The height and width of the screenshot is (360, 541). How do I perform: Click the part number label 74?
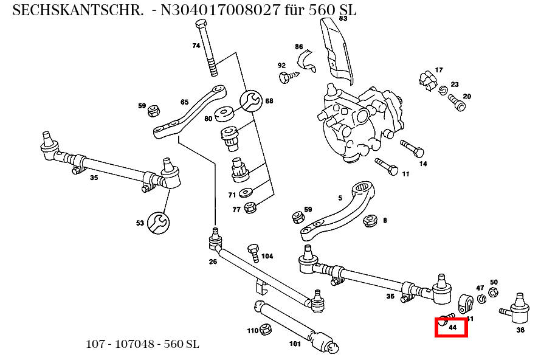(196, 46)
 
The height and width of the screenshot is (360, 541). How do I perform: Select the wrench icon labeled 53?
(159, 223)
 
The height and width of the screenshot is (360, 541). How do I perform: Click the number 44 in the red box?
(452, 327)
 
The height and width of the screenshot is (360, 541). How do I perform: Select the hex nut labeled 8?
(370, 220)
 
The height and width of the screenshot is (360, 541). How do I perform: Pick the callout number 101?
(294, 344)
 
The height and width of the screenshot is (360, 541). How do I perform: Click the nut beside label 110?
(265, 330)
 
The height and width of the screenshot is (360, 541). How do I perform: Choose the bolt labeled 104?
(254, 251)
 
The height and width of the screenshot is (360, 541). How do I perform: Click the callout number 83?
(343, 18)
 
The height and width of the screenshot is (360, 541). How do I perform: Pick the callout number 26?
(213, 262)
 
